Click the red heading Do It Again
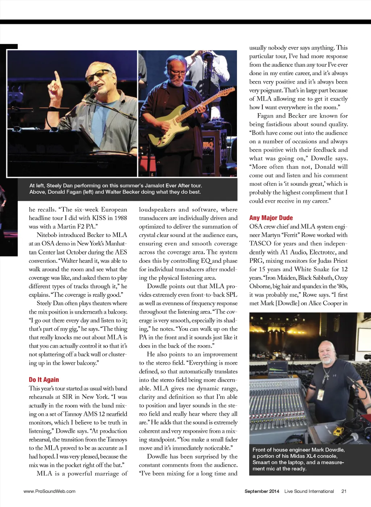point(44,380)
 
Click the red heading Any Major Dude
point(271,218)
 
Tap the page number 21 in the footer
point(344,491)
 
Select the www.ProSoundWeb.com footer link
point(49,491)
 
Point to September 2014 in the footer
point(262,491)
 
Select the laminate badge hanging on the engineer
point(320,394)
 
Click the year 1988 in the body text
point(120,218)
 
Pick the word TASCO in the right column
point(260,244)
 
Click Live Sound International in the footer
point(309,491)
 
